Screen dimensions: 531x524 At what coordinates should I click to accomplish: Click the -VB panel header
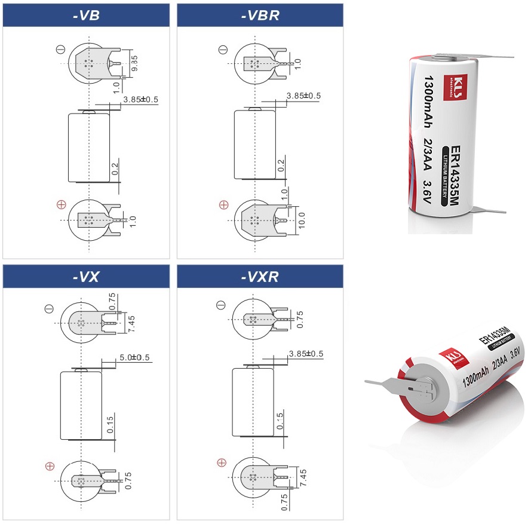point(86,16)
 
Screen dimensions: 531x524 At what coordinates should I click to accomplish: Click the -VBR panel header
point(260,16)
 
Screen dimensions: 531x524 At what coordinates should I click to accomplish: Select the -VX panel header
point(86,277)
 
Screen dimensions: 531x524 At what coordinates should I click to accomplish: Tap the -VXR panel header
point(260,277)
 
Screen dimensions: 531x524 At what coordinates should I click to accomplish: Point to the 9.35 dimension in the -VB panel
point(134,63)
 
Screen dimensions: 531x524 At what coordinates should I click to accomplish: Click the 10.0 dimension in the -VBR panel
point(301,220)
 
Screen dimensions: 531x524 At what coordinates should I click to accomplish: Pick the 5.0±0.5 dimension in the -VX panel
point(134,357)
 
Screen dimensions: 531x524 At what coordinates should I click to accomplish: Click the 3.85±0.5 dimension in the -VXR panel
point(306,354)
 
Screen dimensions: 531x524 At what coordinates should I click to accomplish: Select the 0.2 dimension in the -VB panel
point(115,168)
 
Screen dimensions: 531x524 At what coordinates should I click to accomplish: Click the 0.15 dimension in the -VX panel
point(110,424)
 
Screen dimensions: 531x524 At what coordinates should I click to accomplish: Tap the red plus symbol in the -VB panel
point(62,204)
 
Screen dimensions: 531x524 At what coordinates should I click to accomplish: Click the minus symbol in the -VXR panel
point(221,305)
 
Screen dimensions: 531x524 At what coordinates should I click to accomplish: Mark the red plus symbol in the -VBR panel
point(224,204)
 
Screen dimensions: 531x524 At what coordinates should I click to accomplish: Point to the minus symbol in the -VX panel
point(50,308)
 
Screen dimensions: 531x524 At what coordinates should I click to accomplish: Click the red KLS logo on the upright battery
point(456,87)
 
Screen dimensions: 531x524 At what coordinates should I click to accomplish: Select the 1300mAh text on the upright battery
point(428,102)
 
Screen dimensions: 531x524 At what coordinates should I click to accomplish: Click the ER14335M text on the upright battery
point(455,176)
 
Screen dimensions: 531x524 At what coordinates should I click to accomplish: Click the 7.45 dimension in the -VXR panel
point(303,477)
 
